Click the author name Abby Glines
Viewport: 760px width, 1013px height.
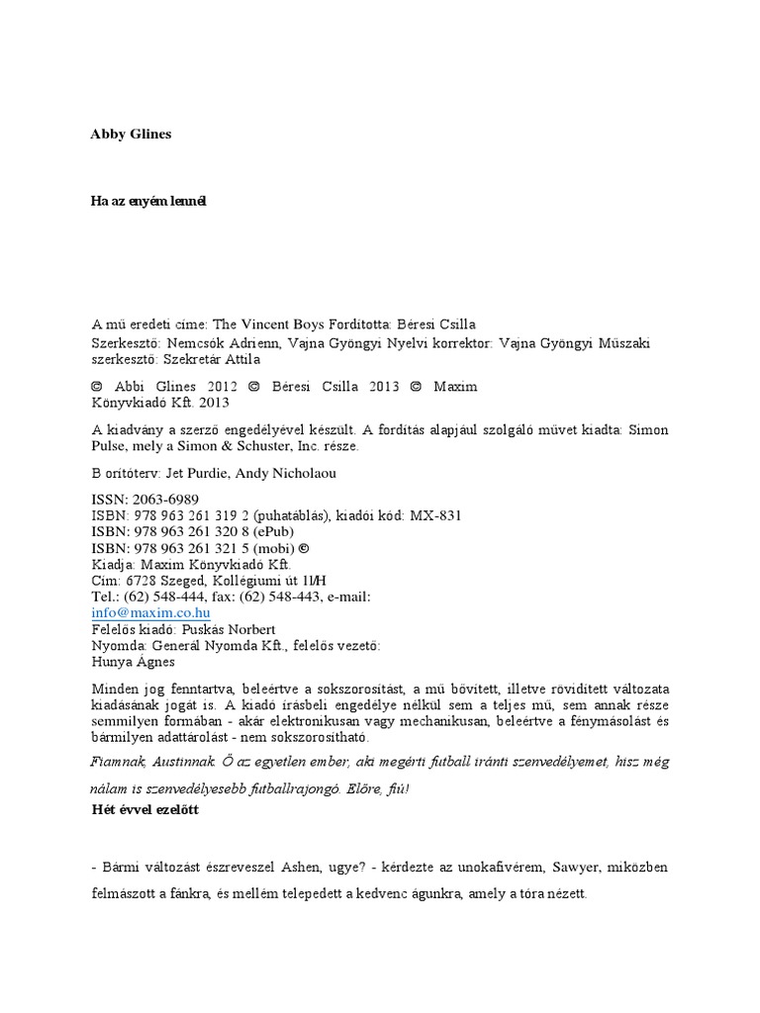pos(131,135)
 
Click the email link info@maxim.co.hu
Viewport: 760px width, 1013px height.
pos(151,613)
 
